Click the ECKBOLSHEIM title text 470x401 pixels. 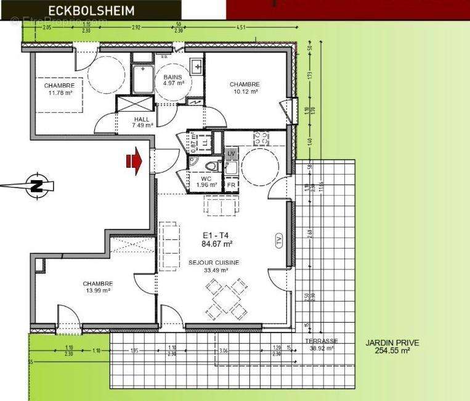(x=92, y=10)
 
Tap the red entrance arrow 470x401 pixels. (x=134, y=162)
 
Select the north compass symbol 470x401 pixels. (x=36, y=185)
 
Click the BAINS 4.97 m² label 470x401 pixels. (x=173, y=81)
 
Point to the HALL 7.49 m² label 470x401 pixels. (x=142, y=122)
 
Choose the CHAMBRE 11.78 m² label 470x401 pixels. (x=59, y=89)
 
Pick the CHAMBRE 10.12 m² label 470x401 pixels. (x=245, y=88)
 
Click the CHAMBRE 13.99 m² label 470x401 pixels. (x=98, y=287)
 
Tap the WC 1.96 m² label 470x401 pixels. (x=207, y=181)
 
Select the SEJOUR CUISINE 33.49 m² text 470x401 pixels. (x=213, y=266)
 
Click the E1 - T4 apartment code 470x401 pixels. (x=216, y=239)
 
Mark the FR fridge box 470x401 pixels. (x=231, y=185)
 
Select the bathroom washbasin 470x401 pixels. (x=197, y=65)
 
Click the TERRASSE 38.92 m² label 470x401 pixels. (x=321, y=345)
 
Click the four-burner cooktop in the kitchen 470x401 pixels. (x=262, y=137)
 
